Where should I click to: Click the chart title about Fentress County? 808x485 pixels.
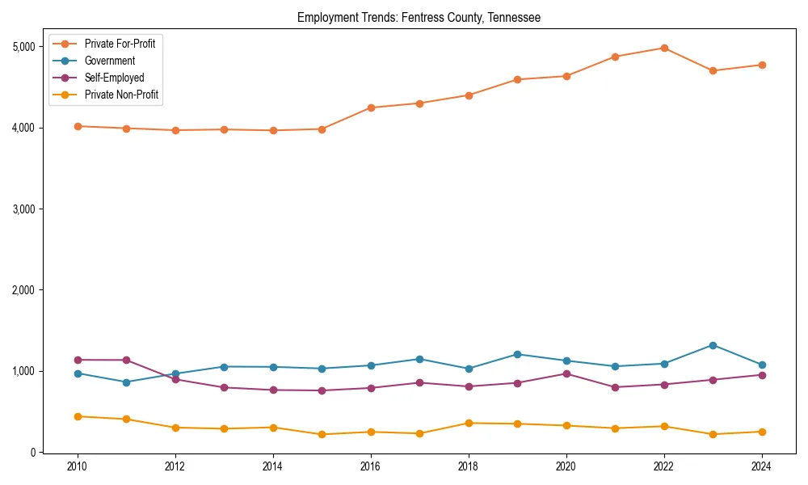click(419, 17)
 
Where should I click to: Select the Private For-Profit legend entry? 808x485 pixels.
click(120, 44)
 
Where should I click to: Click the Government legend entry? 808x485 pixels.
click(109, 61)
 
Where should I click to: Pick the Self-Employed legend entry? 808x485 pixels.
click(114, 78)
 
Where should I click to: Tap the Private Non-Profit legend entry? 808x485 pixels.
click(121, 95)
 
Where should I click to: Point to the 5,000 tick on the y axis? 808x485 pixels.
click(24, 47)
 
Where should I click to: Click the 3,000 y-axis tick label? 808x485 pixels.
click(24, 209)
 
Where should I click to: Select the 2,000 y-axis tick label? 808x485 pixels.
click(24, 290)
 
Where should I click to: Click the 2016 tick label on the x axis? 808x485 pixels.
click(370, 466)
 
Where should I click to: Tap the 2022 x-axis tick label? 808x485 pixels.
click(663, 466)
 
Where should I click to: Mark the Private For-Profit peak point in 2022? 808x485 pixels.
click(663, 48)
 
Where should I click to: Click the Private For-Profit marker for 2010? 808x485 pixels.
click(78, 126)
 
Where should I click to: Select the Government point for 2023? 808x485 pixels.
click(713, 345)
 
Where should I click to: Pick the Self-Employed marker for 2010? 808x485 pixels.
click(78, 360)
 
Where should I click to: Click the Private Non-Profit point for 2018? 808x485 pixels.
click(468, 423)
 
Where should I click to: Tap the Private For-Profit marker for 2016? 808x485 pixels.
click(370, 108)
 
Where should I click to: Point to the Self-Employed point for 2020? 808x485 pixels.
click(566, 373)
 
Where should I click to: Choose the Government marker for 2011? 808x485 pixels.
click(126, 382)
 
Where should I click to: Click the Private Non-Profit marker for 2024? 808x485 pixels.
click(761, 432)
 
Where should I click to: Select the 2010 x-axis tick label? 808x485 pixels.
click(78, 466)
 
